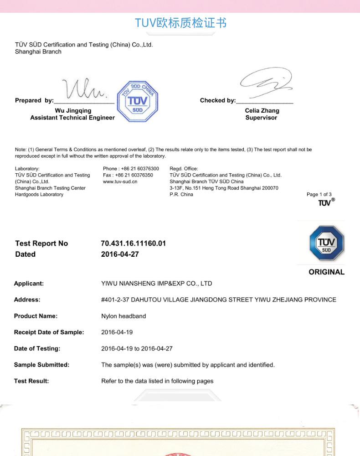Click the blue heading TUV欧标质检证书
pos(180,23)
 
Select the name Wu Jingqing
pos(73,111)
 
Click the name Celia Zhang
pos(262,111)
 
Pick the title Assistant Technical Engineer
pos(72,118)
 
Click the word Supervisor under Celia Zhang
pos(261,118)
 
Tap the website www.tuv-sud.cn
pos(120,181)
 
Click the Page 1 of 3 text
pos(319,195)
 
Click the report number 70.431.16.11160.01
pos(133,244)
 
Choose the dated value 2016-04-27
pos(120,254)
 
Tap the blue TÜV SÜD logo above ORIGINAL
pos(326,243)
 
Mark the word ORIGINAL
pos(326,272)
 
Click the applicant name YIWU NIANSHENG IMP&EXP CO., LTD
pos(156,284)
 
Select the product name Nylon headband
pos(123,316)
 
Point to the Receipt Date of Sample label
pos(49,332)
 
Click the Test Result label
pos(31,381)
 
